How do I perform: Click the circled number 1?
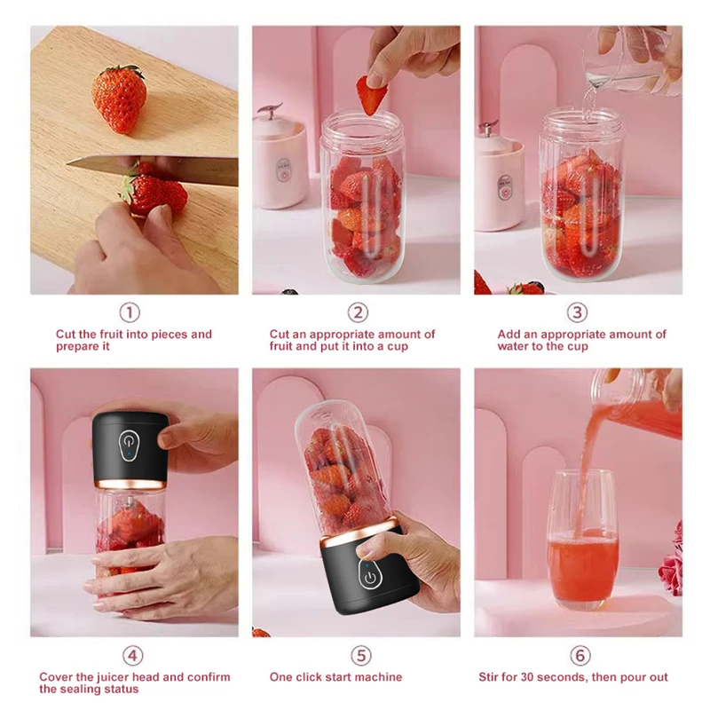pyautogui.click(x=130, y=312)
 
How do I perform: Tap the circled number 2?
pyautogui.click(x=358, y=312)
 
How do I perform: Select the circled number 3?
pyautogui.click(x=578, y=312)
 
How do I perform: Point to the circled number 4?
pyautogui.click(x=131, y=656)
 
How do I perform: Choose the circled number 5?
pyautogui.click(x=359, y=656)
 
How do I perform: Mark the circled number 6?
pyautogui.click(x=580, y=656)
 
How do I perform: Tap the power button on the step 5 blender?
pyautogui.click(x=367, y=577)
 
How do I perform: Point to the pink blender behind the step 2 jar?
pyautogui.click(x=280, y=160)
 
